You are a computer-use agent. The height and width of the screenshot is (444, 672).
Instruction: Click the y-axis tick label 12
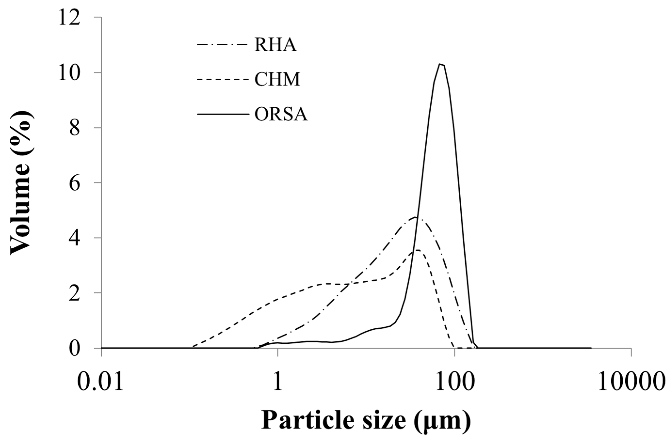coord(69,18)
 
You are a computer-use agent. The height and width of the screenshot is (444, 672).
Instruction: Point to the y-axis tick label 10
coord(69,73)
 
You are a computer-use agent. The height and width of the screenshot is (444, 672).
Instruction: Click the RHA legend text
coord(275,46)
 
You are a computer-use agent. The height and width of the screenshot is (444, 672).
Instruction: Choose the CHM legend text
coord(277,80)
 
